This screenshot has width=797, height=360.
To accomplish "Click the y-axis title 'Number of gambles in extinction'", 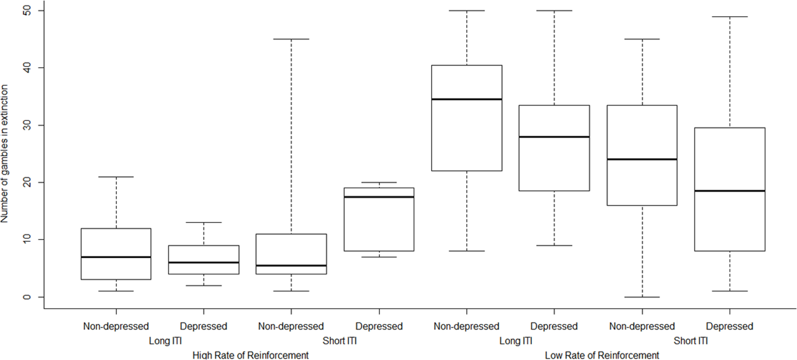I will tap(4, 153).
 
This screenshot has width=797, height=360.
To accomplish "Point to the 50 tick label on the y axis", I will tap(27, 11).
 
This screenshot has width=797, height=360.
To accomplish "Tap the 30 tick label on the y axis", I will tap(27, 125).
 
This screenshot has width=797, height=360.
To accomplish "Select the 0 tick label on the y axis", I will tap(27, 297).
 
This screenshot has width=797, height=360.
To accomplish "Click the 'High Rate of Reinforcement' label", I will tap(250, 355).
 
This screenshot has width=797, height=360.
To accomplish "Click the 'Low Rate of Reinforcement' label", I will tap(602, 355).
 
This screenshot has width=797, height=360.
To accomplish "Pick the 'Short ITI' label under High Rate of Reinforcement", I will tap(339, 341).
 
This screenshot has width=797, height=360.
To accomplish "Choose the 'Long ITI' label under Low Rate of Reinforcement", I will tap(515, 341).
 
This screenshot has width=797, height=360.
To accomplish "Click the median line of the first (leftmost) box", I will tap(116, 257).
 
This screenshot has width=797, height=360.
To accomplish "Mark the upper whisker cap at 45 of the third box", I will tap(291, 39).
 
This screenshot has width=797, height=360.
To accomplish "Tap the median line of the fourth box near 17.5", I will tap(379, 197).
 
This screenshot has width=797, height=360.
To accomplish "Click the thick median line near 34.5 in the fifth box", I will tap(467, 99).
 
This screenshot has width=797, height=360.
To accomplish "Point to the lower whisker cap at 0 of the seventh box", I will tap(642, 297).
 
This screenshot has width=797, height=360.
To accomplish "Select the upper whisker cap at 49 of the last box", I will tap(730, 17).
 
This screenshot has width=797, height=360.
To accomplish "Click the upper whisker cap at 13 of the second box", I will tap(204, 222).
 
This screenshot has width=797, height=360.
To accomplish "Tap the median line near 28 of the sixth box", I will tap(554, 137).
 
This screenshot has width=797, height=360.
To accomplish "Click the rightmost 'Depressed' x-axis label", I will tap(729, 326).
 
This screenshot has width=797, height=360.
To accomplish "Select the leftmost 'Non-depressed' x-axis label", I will tap(116, 326).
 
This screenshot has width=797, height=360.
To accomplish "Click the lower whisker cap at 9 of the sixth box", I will tap(554, 246).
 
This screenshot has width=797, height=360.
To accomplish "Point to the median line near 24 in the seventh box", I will tap(642, 159).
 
